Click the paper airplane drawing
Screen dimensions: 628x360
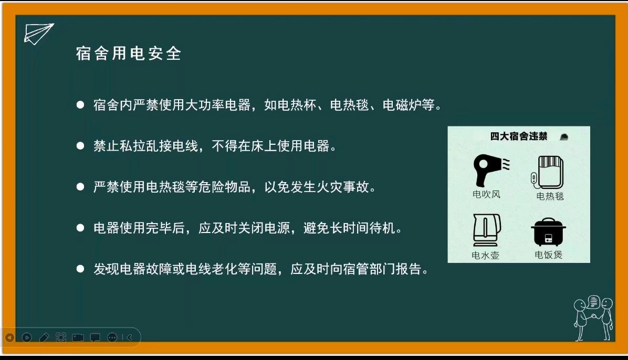[x=38, y=34]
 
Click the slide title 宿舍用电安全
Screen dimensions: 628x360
[x=129, y=54]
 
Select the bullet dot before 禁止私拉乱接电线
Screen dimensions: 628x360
[x=80, y=146]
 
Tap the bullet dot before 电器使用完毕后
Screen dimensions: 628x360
[x=80, y=228]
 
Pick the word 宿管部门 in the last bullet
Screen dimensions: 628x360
[x=369, y=269]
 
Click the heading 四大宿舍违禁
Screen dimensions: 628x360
[x=519, y=136]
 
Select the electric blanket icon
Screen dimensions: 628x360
[x=548, y=173]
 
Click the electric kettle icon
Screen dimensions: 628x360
[x=487, y=230]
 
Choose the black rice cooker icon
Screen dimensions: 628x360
[x=548, y=232]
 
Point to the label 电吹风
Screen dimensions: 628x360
[x=486, y=195]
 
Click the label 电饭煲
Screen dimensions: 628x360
[x=548, y=255]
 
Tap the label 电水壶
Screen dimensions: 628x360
[x=485, y=255]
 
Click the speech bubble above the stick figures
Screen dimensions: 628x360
[x=593, y=302]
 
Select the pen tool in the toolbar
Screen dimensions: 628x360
[x=44, y=337]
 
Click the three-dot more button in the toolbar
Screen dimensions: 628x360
[x=112, y=337]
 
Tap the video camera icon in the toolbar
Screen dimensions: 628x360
[x=78, y=337]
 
